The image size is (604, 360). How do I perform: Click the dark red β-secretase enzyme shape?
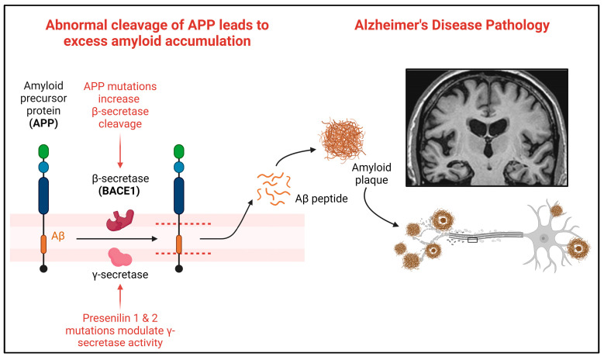click(x=120, y=220)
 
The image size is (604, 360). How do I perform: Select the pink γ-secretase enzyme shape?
click(x=120, y=257)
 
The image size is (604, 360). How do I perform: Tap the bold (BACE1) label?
click(x=119, y=191)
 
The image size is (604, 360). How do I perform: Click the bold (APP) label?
click(x=43, y=123)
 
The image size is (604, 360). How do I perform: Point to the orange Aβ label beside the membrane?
click(x=58, y=236)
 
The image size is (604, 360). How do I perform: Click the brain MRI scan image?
click(x=486, y=127)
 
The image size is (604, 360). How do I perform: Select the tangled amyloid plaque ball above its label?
click(x=341, y=140)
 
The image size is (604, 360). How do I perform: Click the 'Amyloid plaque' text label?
click(x=371, y=174)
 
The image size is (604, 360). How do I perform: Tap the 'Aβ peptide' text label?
click(x=321, y=199)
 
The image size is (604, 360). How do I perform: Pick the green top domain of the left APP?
click(x=43, y=151)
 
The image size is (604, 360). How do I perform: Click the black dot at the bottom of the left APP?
click(x=43, y=268)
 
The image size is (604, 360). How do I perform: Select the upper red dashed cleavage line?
click(x=183, y=223)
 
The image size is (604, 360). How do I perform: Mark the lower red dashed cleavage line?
click(x=183, y=253)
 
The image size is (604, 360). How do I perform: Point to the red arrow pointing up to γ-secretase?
click(x=120, y=297)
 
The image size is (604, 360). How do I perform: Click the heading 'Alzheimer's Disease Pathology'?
click(x=452, y=25)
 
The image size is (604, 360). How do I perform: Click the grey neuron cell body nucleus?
click(x=544, y=239)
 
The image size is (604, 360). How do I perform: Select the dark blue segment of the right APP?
click(x=179, y=196)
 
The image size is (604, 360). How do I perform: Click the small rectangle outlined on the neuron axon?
click(x=472, y=240)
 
